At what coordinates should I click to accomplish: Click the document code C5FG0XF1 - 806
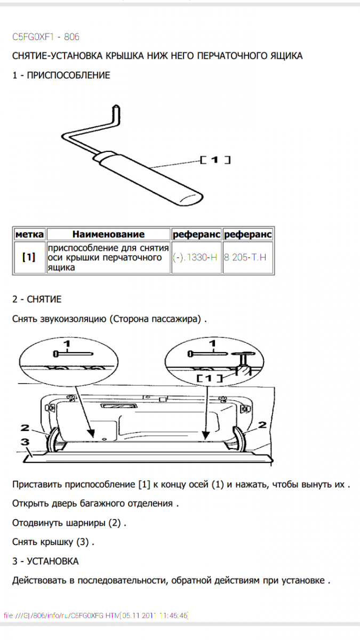46,37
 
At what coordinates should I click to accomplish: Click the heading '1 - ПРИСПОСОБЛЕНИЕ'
61,75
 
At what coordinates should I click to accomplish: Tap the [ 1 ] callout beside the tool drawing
215,159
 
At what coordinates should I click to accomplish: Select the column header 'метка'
30,234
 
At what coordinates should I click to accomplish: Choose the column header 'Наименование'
108,234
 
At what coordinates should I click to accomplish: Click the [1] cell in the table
29,257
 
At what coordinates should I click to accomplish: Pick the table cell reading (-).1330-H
195,258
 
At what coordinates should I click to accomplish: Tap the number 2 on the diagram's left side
25,427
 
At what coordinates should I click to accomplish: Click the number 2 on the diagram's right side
262,425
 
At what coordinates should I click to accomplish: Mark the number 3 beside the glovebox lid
25,442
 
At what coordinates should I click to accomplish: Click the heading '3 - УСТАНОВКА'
45,561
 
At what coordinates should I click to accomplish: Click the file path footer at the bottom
96,615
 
